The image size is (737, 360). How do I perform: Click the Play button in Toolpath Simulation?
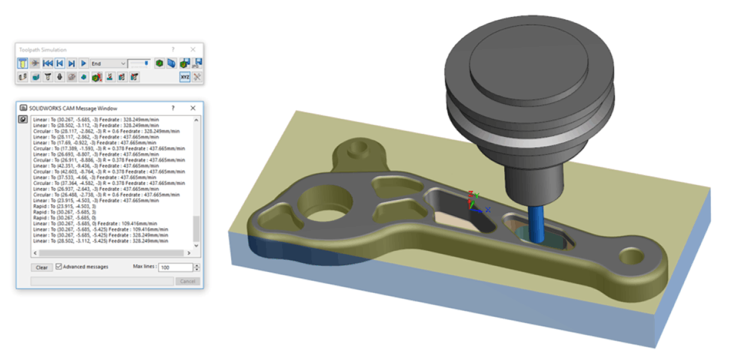pyautogui.click(x=83, y=63)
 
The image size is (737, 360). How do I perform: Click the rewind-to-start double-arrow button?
pyautogui.click(x=48, y=63)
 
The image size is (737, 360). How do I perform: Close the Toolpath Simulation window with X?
pyautogui.click(x=193, y=49)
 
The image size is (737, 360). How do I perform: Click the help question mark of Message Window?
pyautogui.click(x=173, y=108)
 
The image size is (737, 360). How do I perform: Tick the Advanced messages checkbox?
pyautogui.click(x=59, y=266)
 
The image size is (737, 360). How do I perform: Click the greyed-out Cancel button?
pyautogui.click(x=187, y=281)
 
